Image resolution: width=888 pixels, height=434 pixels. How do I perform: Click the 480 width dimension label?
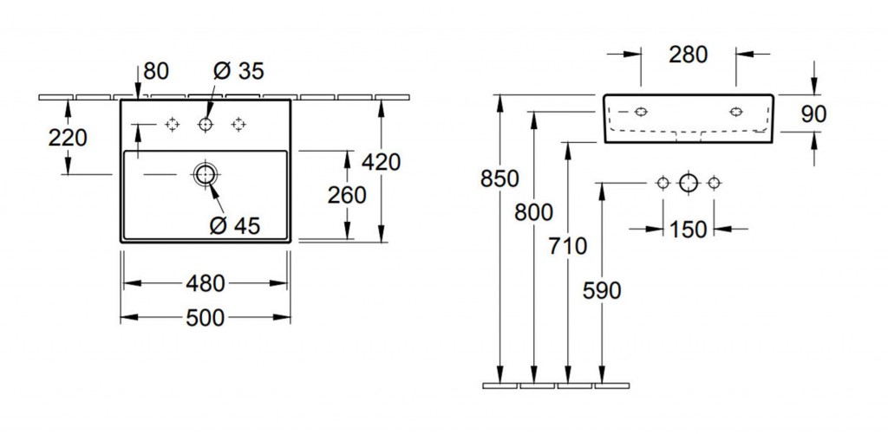point(205,283)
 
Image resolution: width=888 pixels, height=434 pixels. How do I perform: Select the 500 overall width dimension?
point(205,318)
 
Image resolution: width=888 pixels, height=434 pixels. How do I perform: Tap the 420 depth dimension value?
point(381,162)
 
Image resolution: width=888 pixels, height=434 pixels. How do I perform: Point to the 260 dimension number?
point(347,196)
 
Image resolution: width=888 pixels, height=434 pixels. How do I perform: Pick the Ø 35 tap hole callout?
point(238,72)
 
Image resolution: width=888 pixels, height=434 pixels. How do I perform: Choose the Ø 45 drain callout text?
point(234,226)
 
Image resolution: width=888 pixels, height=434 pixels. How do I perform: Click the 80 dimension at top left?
point(156,72)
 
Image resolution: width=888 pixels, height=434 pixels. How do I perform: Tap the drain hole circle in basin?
point(205,174)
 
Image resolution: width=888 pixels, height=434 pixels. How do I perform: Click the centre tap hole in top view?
point(205,126)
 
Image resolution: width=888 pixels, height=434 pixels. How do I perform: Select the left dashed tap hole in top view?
point(172,126)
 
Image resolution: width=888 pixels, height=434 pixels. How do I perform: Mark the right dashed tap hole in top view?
point(238,126)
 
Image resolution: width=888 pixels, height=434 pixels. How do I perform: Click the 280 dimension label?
point(689,55)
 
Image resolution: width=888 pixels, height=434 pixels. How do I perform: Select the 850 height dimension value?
point(499,179)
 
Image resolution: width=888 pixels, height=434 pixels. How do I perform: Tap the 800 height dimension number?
point(533,212)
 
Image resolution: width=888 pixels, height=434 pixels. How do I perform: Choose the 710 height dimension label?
point(567,246)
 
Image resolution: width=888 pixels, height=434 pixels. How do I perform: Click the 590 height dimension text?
point(601,291)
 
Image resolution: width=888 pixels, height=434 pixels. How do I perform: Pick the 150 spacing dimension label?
point(689,230)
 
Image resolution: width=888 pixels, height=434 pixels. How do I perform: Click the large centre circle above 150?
point(689,183)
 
